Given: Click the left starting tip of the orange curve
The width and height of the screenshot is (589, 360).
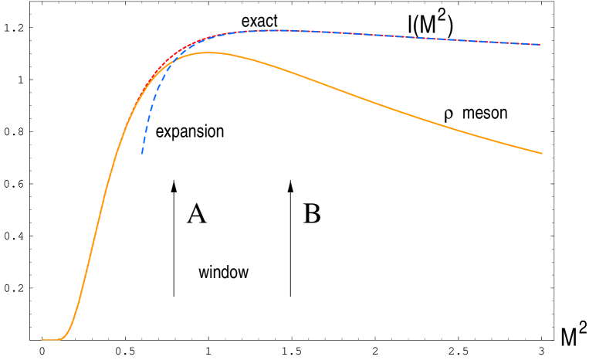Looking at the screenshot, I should click(42, 339).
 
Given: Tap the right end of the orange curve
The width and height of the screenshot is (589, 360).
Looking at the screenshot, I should click(542, 153).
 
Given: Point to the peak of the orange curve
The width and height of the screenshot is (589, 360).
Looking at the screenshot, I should click(207, 53).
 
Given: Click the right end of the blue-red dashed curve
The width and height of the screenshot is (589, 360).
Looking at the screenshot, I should click(540, 45).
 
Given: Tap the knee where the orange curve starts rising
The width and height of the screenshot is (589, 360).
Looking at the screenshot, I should click(63, 336).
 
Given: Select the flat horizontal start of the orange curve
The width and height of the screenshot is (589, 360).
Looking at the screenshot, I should click(50, 339).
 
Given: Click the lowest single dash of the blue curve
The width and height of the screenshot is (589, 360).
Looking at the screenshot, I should click(143, 148).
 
